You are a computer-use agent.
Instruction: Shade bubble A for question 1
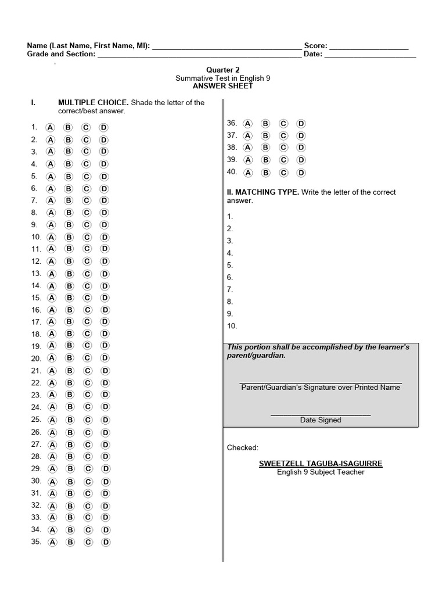click(x=51, y=127)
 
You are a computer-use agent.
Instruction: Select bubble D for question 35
click(x=106, y=542)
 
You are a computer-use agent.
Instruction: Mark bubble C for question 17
click(x=87, y=322)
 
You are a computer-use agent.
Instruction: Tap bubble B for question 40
click(x=265, y=173)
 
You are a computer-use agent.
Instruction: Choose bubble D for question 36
click(x=301, y=123)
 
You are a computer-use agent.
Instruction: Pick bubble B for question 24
click(x=69, y=407)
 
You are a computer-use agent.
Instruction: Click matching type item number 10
click(x=232, y=326)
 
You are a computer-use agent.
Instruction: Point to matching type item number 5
click(x=230, y=265)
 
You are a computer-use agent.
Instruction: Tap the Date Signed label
click(x=320, y=420)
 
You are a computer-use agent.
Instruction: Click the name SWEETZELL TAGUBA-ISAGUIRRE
click(x=320, y=464)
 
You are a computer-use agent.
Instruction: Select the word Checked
click(x=242, y=447)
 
